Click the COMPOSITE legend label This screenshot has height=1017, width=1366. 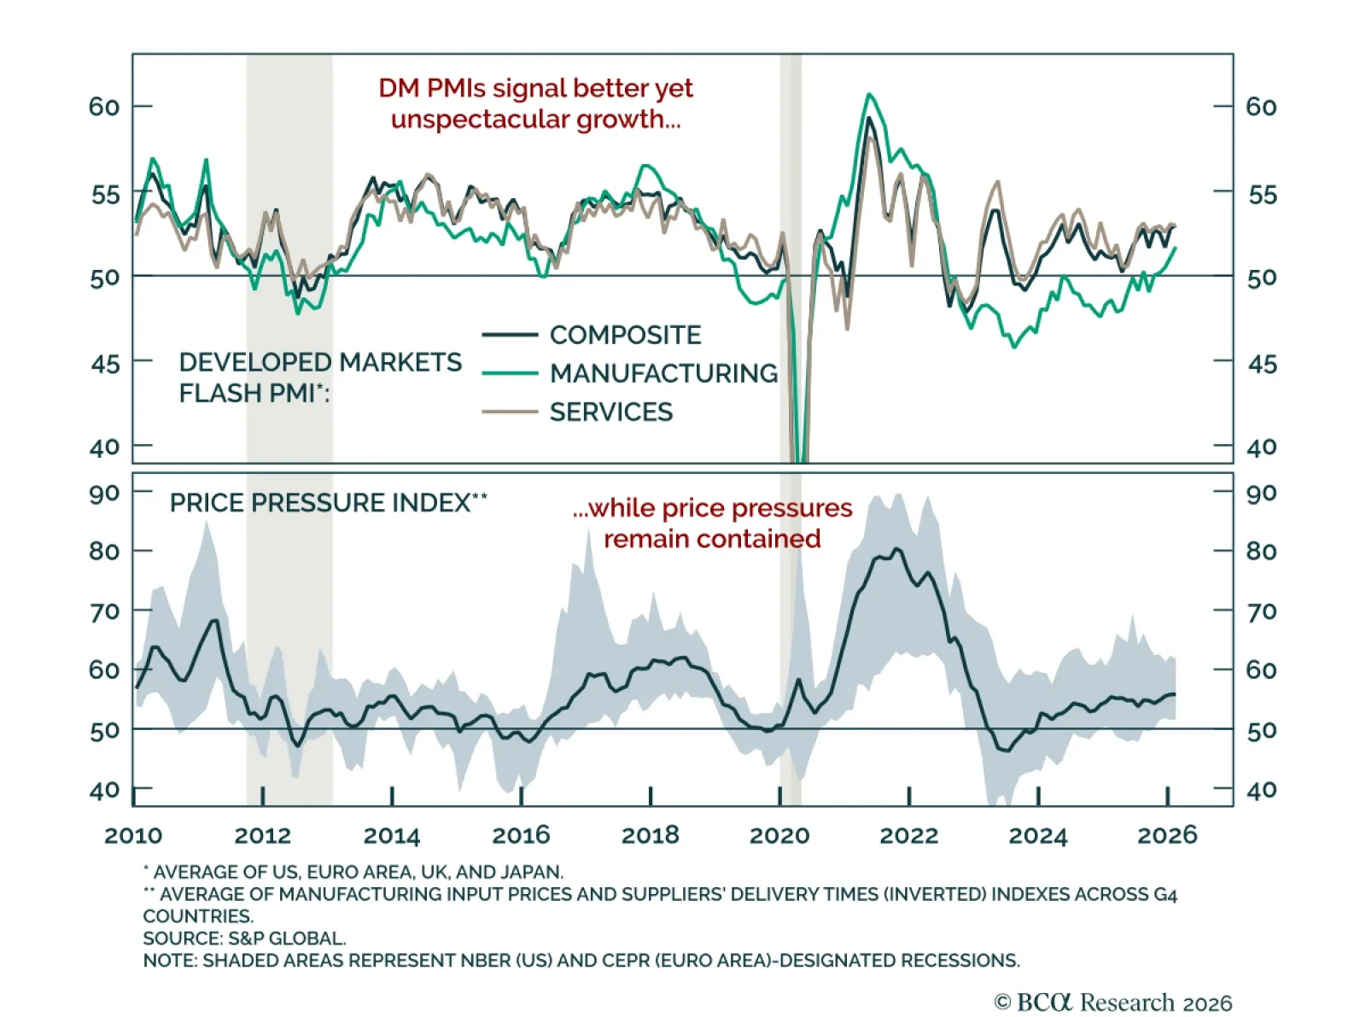tap(625, 335)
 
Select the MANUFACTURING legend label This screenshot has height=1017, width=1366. tap(663, 373)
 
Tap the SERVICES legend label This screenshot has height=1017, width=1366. tap(610, 412)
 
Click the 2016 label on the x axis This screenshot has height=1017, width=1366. tap(521, 835)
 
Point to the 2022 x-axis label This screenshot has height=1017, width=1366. tap(908, 835)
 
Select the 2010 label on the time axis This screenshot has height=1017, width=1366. tap(133, 835)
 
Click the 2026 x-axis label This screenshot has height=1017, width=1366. tap(1167, 835)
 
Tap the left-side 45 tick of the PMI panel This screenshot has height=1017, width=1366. tap(105, 364)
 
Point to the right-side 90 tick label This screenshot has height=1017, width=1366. tap(1261, 494)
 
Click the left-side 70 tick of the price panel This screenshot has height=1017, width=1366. tap(104, 612)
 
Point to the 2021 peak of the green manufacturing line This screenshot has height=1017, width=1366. tap(869, 95)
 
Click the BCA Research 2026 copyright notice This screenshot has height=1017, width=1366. tap(1112, 1002)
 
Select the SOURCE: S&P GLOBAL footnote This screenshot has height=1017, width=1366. tap(244, 938)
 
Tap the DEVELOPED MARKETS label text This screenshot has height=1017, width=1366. tap(320, 362)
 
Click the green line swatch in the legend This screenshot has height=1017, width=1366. tap(510, 373)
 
